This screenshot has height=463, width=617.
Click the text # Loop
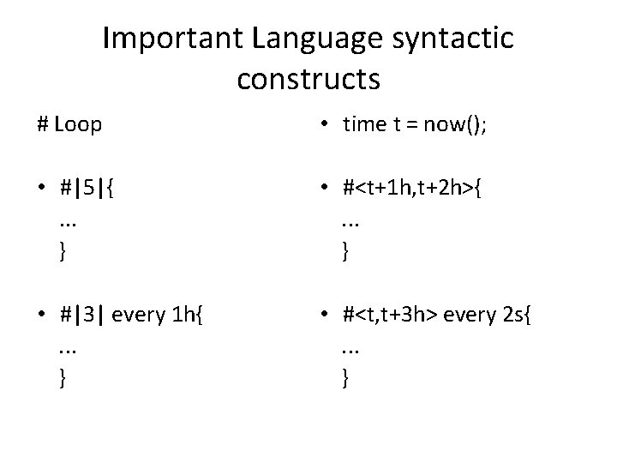click(69, 124)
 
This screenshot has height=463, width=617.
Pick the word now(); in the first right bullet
click(453, 124)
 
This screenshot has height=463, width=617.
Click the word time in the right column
click(364, 124)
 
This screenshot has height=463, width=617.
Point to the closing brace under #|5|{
click(62, 251)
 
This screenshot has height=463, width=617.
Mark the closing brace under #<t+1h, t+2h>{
click(345, 251)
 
